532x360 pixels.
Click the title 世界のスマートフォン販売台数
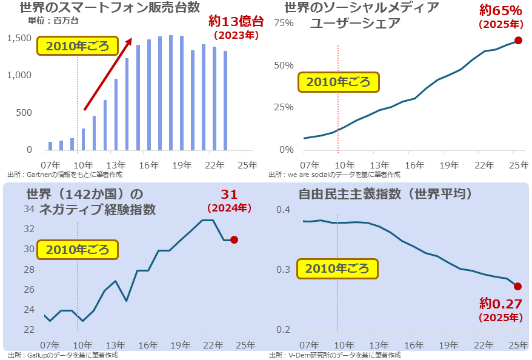(x=110, y=8)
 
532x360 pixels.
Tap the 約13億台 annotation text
(x=236, y=21)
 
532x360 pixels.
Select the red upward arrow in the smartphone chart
(x=108, y=74)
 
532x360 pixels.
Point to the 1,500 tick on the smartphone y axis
(x=21, y=38)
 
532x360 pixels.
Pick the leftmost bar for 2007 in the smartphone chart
(x=50, y=145)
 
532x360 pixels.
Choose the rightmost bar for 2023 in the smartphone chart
(x=225, y=100)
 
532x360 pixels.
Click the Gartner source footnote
(x=65, y=174)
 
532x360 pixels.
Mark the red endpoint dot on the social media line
(x=518, y=41)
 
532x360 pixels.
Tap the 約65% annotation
(x=500, y=10)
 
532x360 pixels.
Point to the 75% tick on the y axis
(x=284, y=23)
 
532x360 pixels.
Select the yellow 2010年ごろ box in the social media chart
(x=338, y=82)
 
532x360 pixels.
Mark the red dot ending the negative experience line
(x=234, y=240)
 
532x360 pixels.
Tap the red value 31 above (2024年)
(x=229, y=195)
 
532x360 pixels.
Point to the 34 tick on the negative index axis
(x=28, y=210)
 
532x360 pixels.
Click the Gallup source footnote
(x=62, y=355)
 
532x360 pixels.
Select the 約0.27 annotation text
(x=500, y=303)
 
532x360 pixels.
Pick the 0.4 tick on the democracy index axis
(x=284, y=210)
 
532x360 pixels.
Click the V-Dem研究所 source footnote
(x=335, y=355)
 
